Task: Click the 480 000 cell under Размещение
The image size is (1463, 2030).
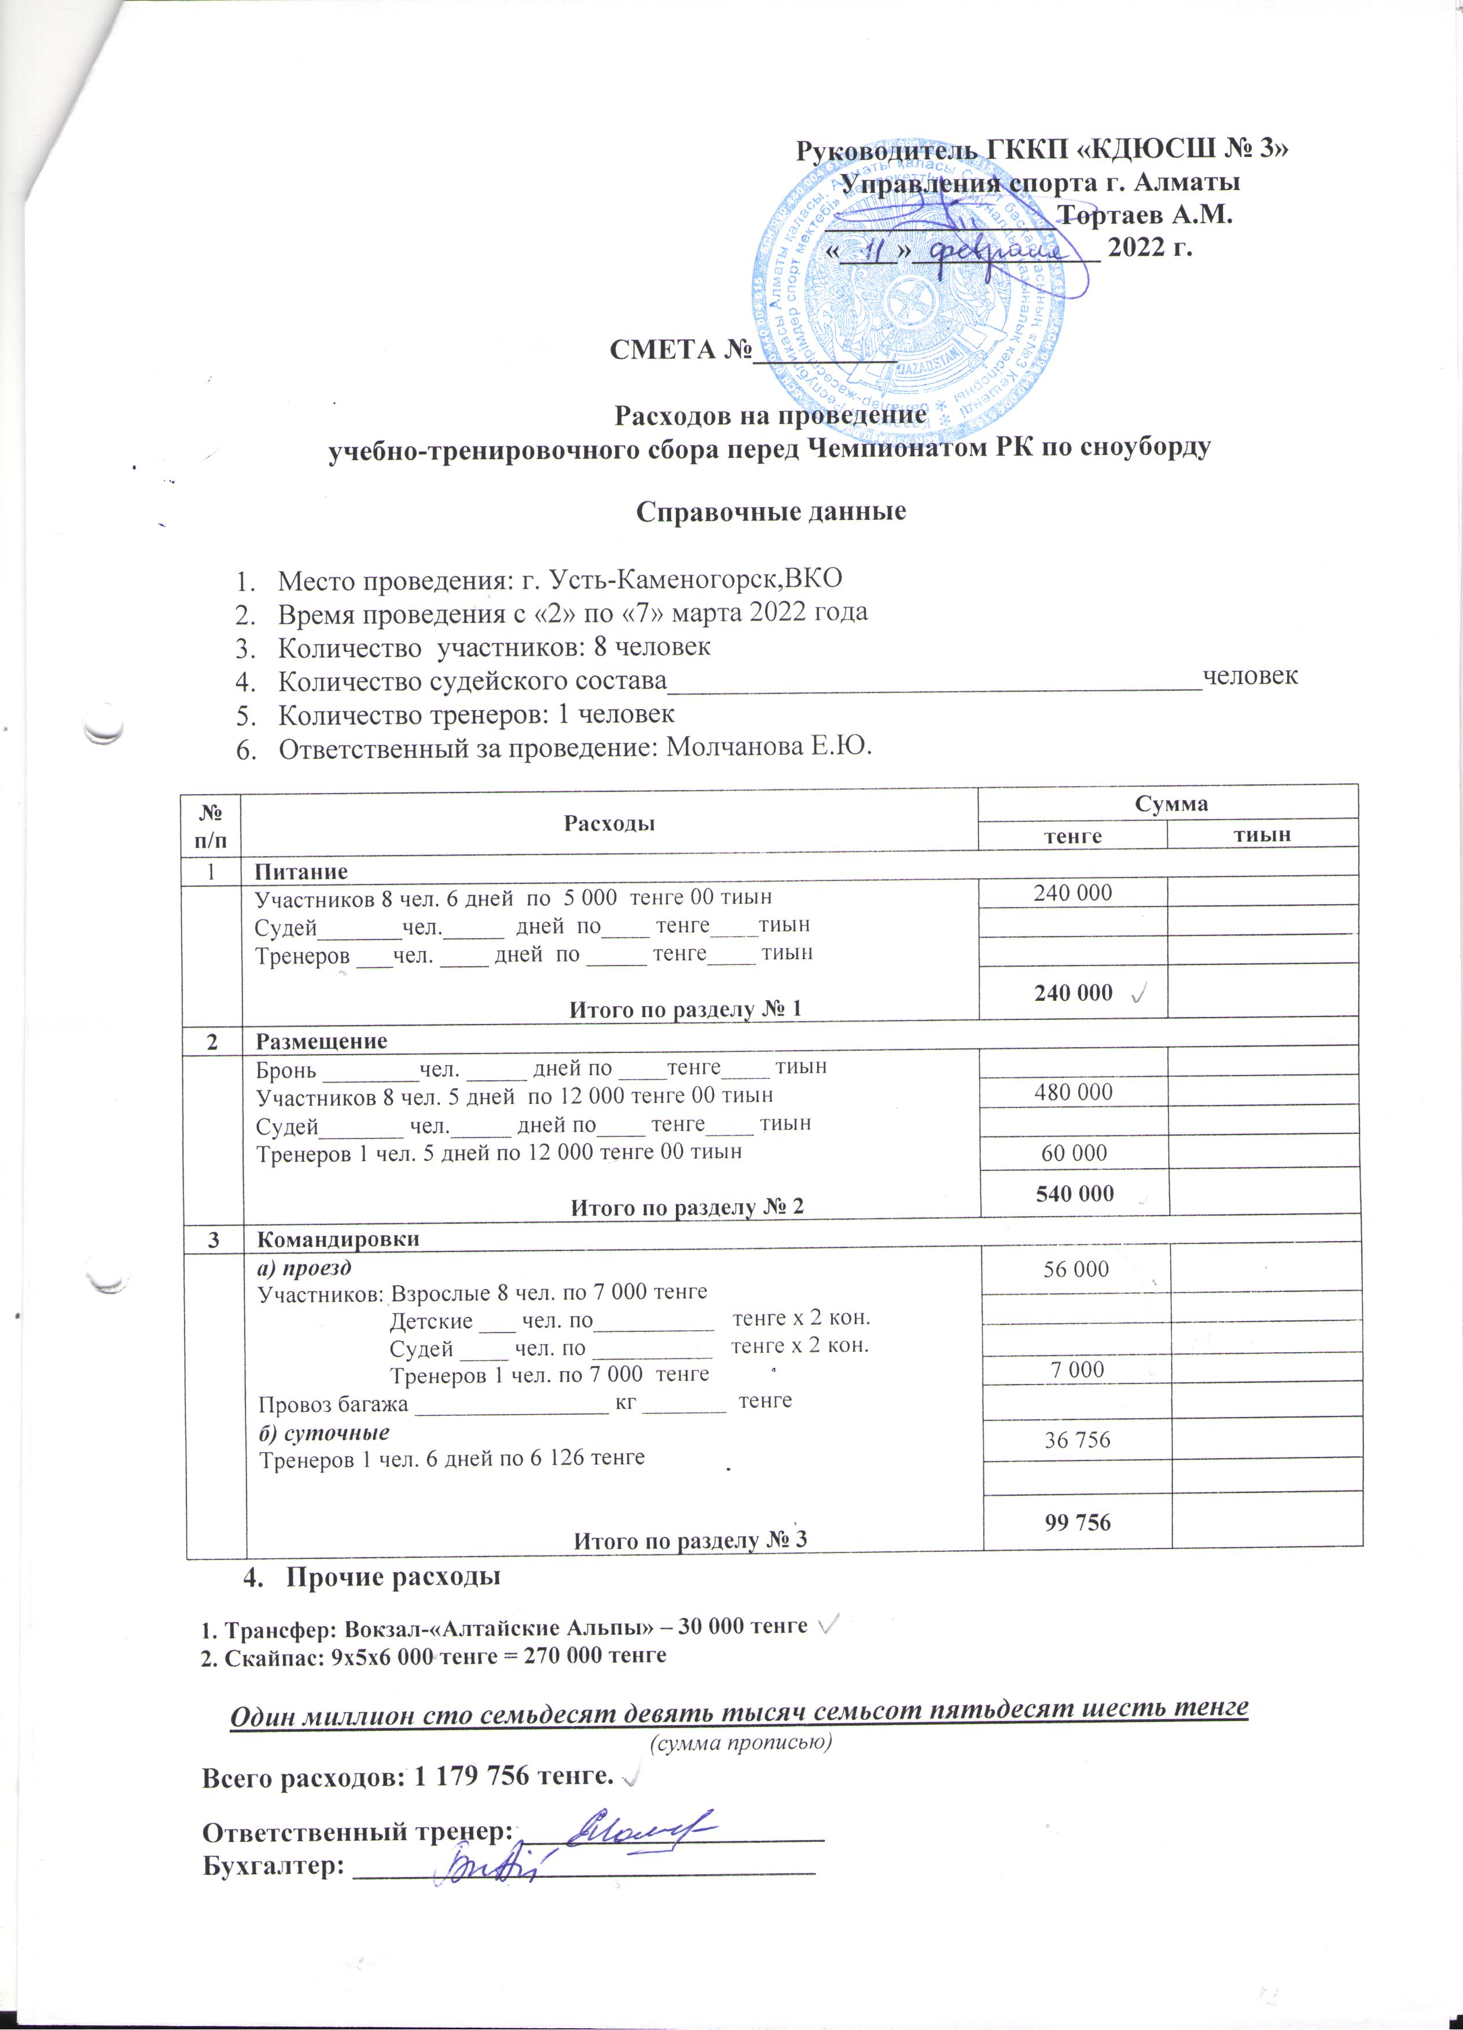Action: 1073,1092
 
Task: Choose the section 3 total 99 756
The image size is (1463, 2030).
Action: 1078,1522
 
